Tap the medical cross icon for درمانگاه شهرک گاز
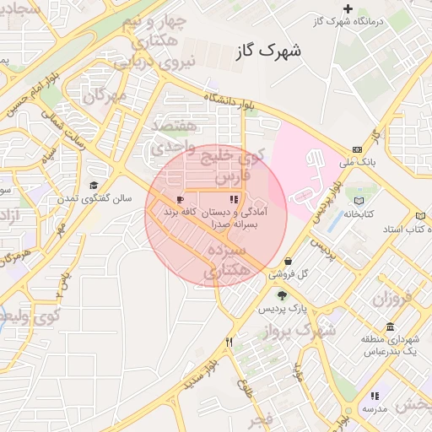click(347, 8)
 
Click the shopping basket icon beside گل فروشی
click(290, 262)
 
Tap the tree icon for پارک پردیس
click(281, 295)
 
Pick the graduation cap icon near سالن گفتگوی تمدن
click(94, 186)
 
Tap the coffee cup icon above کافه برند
click(180, 199)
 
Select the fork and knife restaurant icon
click(229, 342)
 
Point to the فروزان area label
click(390, 298)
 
